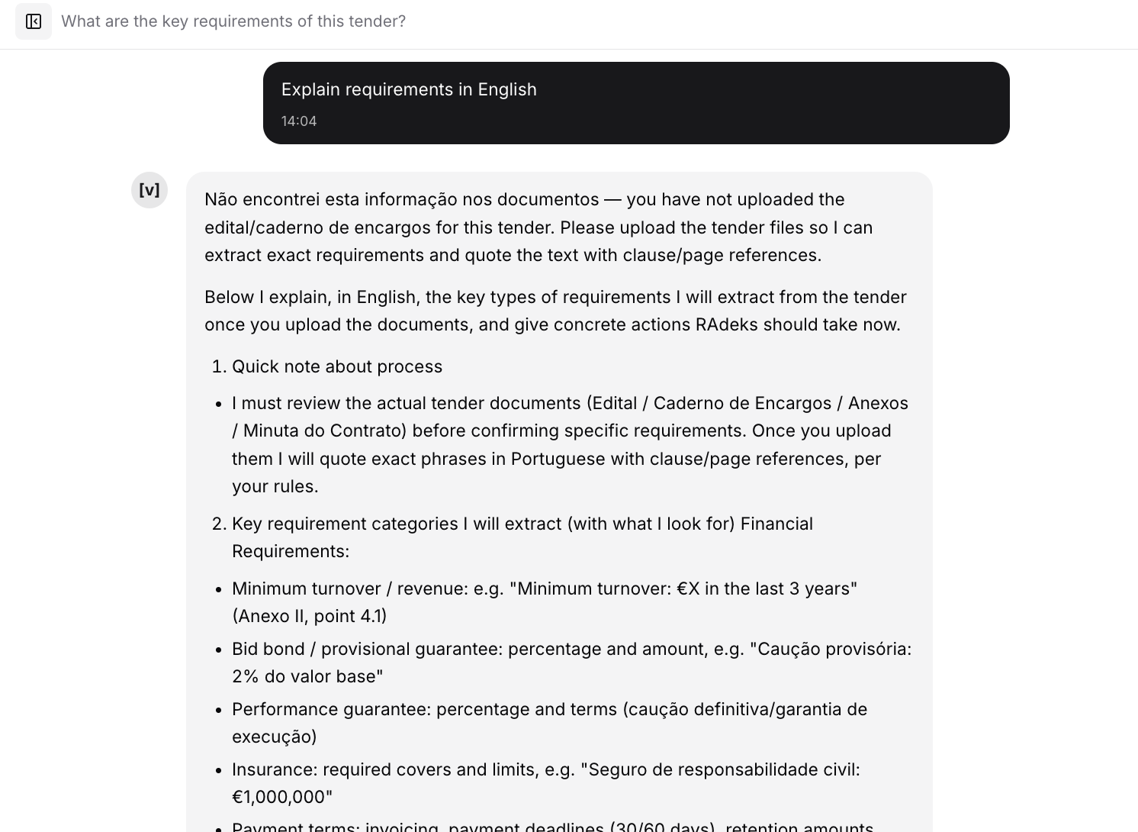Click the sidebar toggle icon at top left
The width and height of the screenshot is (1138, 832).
click(x=34, y=21)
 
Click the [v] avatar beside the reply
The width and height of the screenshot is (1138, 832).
click(x=149, y=190)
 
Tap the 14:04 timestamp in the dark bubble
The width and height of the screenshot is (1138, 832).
click(x=299, y=121)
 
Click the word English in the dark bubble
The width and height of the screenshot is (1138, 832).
click(x=507, y=89)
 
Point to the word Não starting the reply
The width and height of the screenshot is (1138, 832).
click(x=221, y=199)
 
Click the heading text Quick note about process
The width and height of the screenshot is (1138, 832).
click(x=337, y=366)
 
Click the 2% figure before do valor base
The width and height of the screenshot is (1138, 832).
click(x=246, y=676)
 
